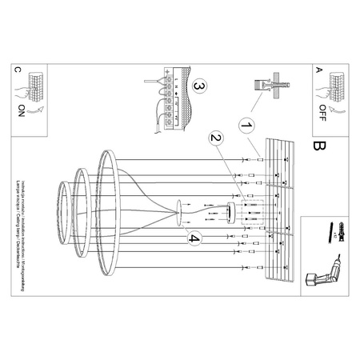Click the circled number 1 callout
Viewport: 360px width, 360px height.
coord(246,126)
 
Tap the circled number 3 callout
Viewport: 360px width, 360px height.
coord(199,86)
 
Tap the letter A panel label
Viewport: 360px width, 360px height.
coord(318,70)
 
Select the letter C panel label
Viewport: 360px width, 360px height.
coord(18,70)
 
